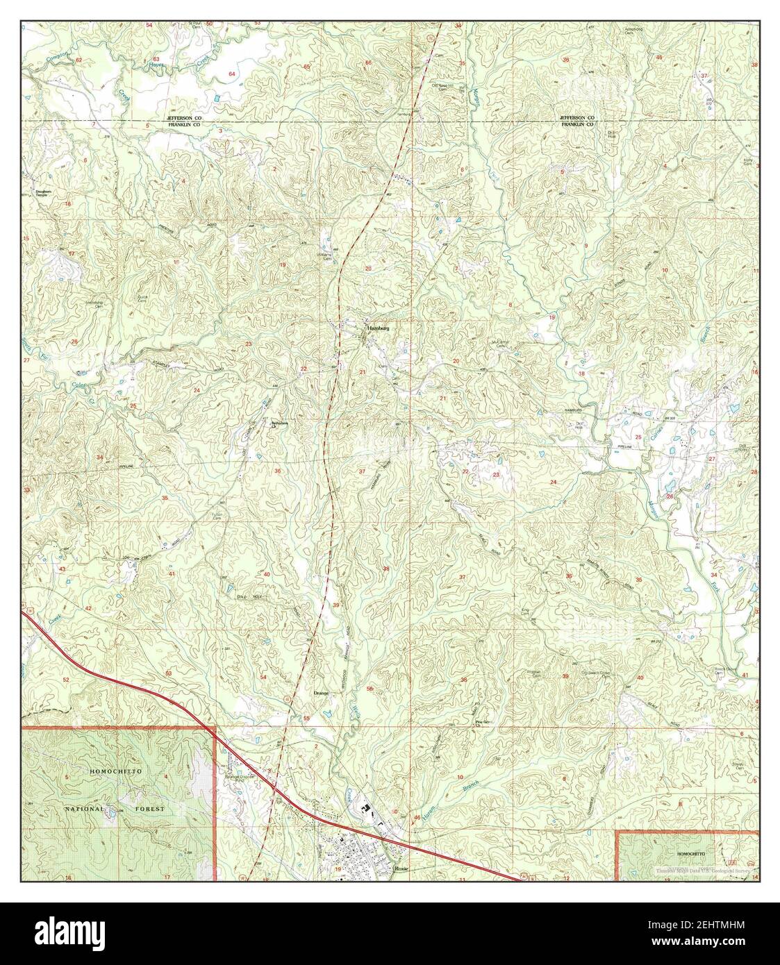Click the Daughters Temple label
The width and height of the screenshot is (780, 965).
click(x=40, y=193)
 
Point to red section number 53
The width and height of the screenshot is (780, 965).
click(x=169, y=673)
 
